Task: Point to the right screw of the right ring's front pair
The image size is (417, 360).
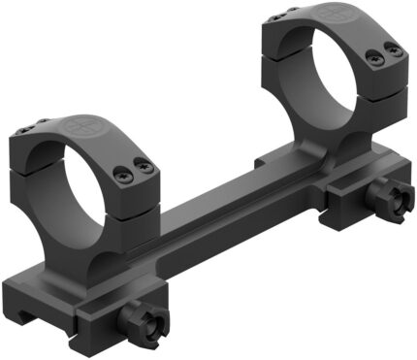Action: [394, 49]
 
